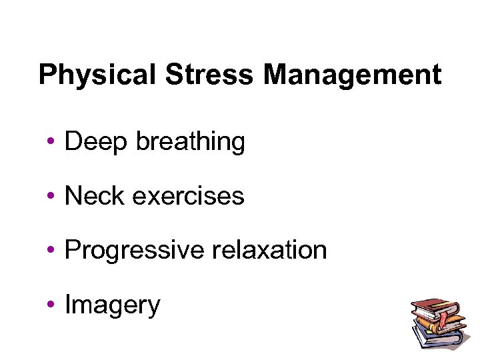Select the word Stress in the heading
click(209, 75)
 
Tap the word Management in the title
click(352, 75)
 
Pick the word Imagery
click(113, 305)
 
